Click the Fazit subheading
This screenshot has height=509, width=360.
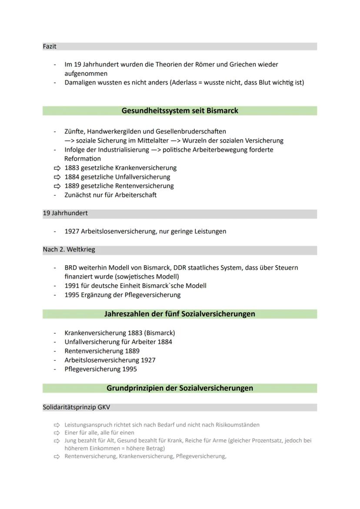[50, 46]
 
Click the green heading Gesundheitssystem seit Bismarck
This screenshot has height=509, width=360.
[180, 111]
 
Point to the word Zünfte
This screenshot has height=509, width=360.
[73, 131]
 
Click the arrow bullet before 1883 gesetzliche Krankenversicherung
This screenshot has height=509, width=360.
[57, 168]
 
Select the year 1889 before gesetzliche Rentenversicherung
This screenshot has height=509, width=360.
[72, 186]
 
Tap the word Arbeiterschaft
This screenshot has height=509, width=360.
[136, 195]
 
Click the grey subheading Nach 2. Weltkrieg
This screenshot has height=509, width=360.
[69, 250]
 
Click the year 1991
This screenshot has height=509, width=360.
[72, 286]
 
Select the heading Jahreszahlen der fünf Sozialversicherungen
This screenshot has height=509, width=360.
[180, 314]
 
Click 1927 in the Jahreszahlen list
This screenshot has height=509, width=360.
[148, 360]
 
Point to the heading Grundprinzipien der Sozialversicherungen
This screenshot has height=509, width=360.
[180, 388]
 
